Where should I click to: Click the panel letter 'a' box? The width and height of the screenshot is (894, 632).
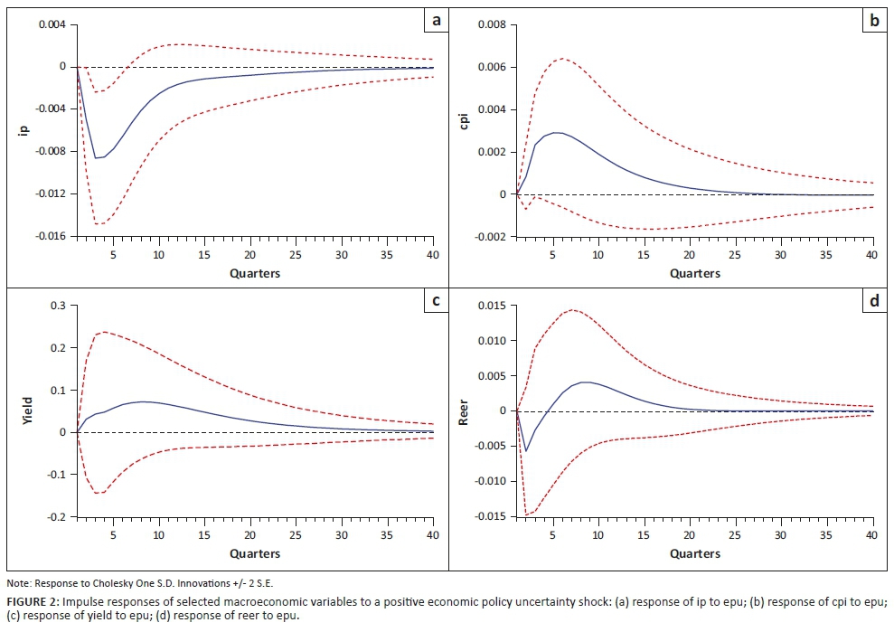pos(436,18)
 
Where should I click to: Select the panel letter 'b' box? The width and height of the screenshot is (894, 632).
pos(873,18)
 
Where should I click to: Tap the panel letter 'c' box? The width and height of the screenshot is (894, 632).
pos(436,300)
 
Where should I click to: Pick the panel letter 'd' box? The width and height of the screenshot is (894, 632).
pos(873,300)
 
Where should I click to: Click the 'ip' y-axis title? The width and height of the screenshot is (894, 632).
pos(24,129)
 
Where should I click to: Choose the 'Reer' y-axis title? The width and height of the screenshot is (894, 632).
pos(466,411)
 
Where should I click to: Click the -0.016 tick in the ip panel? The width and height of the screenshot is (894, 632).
pos(51,236)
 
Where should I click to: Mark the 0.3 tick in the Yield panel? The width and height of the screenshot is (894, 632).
pos(58,306)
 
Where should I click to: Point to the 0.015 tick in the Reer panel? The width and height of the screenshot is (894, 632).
pos(492,306)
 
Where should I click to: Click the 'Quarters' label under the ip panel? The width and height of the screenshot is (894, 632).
pos(255,273)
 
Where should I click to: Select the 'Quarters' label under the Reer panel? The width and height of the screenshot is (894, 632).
pos(695,553)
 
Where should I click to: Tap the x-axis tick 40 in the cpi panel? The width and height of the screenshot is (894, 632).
pos(871,256)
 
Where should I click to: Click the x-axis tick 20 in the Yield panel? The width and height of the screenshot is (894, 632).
pos(249,535)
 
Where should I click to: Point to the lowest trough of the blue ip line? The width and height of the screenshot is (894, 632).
pos(96,158)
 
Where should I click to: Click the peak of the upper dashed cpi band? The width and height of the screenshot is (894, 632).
pos(562,59)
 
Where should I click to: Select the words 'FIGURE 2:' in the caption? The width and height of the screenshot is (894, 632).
pos(32,601)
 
